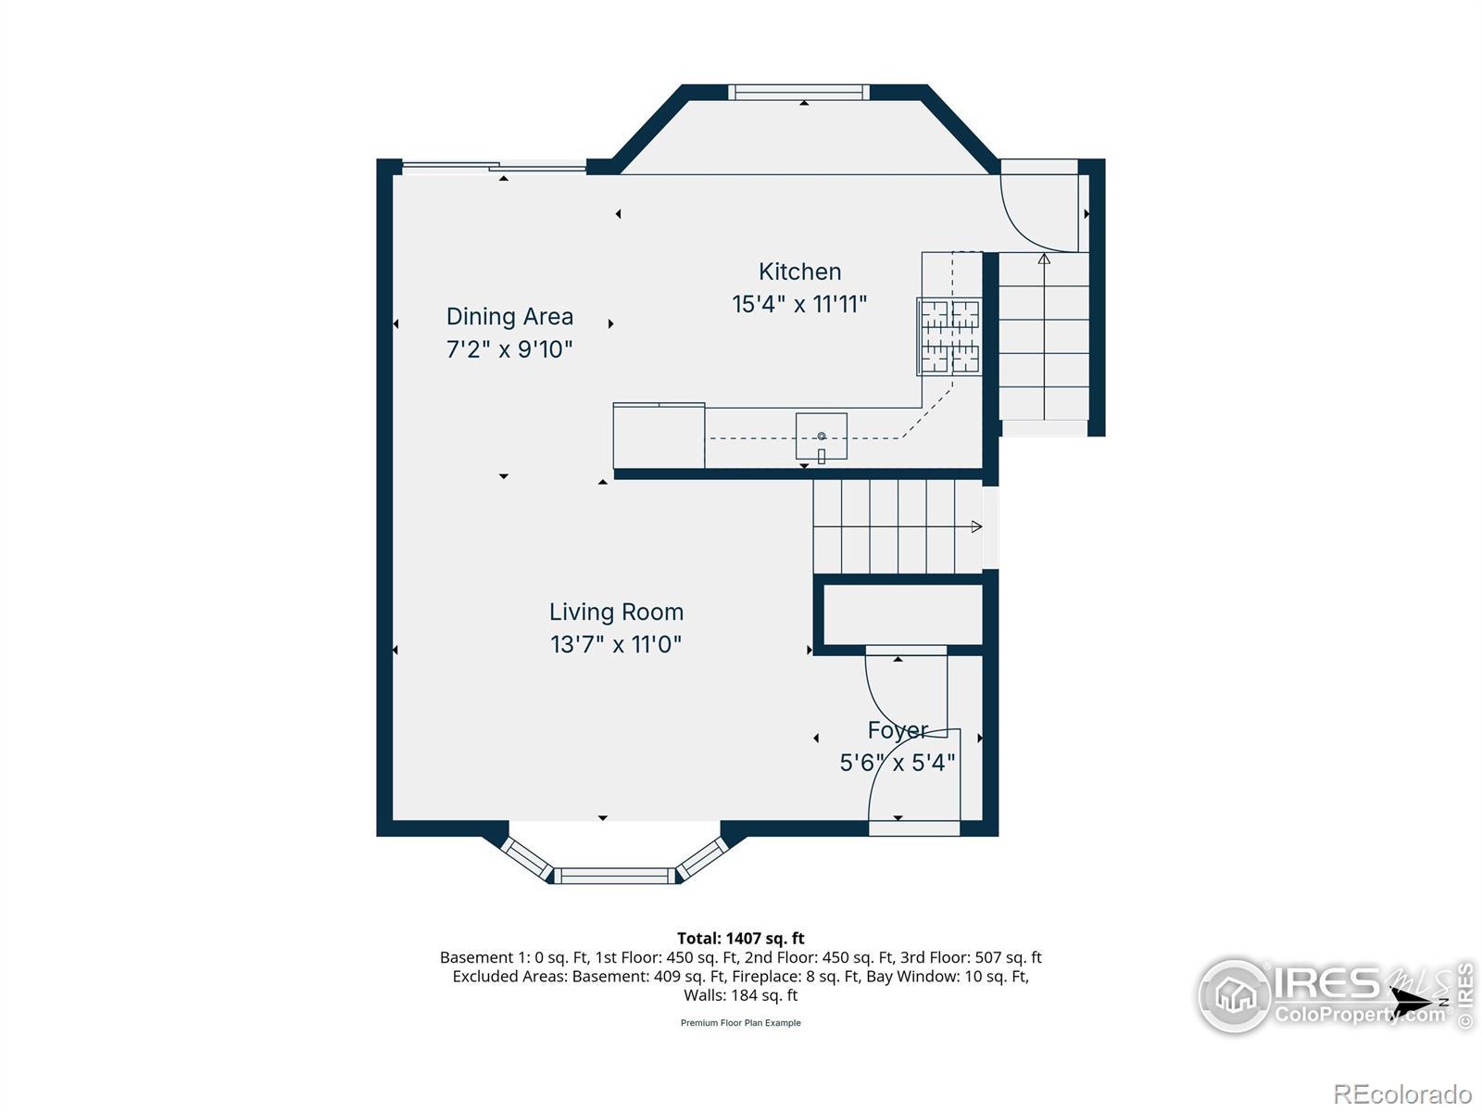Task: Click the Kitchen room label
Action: [799, 272]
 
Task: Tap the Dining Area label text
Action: [509, 316]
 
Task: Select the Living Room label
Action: [616, 612]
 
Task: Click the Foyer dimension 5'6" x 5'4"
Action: [898, 763]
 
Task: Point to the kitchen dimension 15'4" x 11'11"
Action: [799, 304]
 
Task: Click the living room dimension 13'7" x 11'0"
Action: [616, 644]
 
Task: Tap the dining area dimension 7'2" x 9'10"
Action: [509, 349]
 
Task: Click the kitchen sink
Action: [821, 436]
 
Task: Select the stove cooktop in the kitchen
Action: [948, 336]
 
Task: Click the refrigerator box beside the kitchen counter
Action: [659, 436]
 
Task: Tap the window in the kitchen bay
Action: [798, 93]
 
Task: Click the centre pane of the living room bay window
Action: [614, 876]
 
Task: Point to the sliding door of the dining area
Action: [495, 166]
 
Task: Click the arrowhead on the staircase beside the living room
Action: [976, 526]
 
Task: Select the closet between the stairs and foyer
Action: [903, 614]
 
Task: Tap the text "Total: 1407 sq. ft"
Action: [741, 938]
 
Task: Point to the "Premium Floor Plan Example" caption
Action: [741, 1023]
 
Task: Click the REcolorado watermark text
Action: [1402, 1093]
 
